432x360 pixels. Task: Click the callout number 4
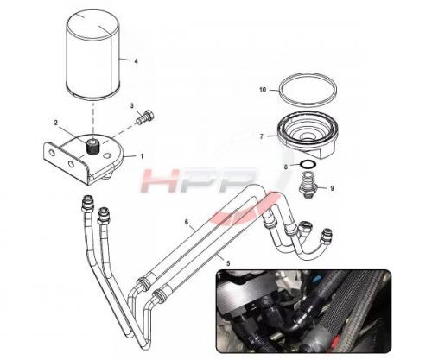(136, 61)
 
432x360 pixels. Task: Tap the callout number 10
(263, 90)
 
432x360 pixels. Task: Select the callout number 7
(262, 136)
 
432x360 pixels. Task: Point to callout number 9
(332, 188)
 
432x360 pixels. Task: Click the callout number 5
(228, 263)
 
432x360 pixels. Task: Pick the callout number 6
(187, 222)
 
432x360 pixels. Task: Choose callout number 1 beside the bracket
(142, 156)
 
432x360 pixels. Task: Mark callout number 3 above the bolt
(132, 106)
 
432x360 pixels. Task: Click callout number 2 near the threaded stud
(56, 123)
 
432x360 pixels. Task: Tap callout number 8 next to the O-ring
(286, 167)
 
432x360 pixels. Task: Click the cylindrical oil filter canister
(92, 54)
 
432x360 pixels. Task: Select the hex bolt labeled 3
(145, 117)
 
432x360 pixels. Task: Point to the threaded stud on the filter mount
(93, 147)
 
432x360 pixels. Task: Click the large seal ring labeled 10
(308, 89)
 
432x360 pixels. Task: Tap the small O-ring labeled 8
(308, 165)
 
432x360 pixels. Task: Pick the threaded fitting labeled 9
(308, 186)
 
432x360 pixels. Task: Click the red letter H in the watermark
(159, 180)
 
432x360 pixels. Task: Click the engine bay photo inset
(303, 311)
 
